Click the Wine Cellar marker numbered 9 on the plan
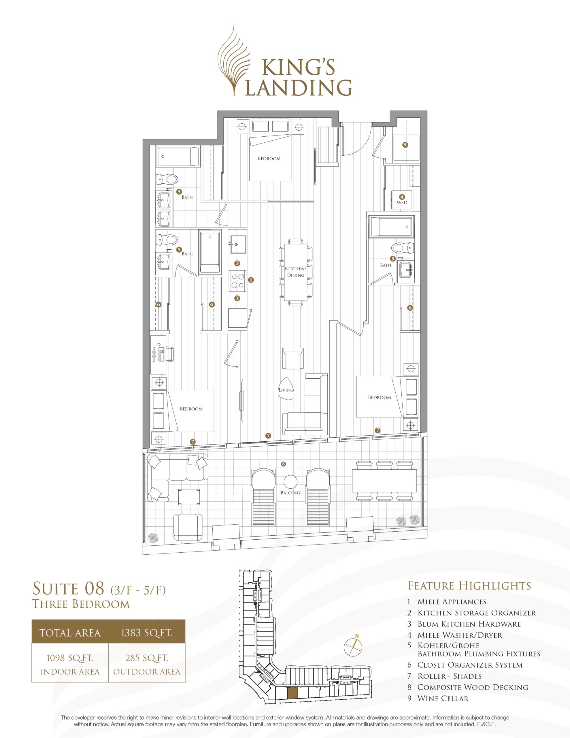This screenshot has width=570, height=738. pyautogui.click(x=405, y=145)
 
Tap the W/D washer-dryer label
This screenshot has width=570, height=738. pyautogui.click(x=402, y=203)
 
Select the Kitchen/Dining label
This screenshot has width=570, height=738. pyautogui.click(x=295, y=272)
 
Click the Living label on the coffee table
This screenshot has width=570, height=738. pyautogui.click(x=286, y=390)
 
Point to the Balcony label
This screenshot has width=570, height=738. pyautogui.click(x=290, y=493)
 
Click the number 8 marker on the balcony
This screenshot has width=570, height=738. pyautogui.click(x=283, y=464)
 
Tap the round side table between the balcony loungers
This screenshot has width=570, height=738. pyautogui.click(x=290, y=481)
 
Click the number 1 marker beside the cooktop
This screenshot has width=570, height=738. pyautogui.click(x=251, y=280)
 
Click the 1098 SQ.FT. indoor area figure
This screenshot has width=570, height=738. pyautogui.click(x=70, y=658)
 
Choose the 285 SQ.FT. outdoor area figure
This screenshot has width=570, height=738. pyautogui.click(x=147, y=658)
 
